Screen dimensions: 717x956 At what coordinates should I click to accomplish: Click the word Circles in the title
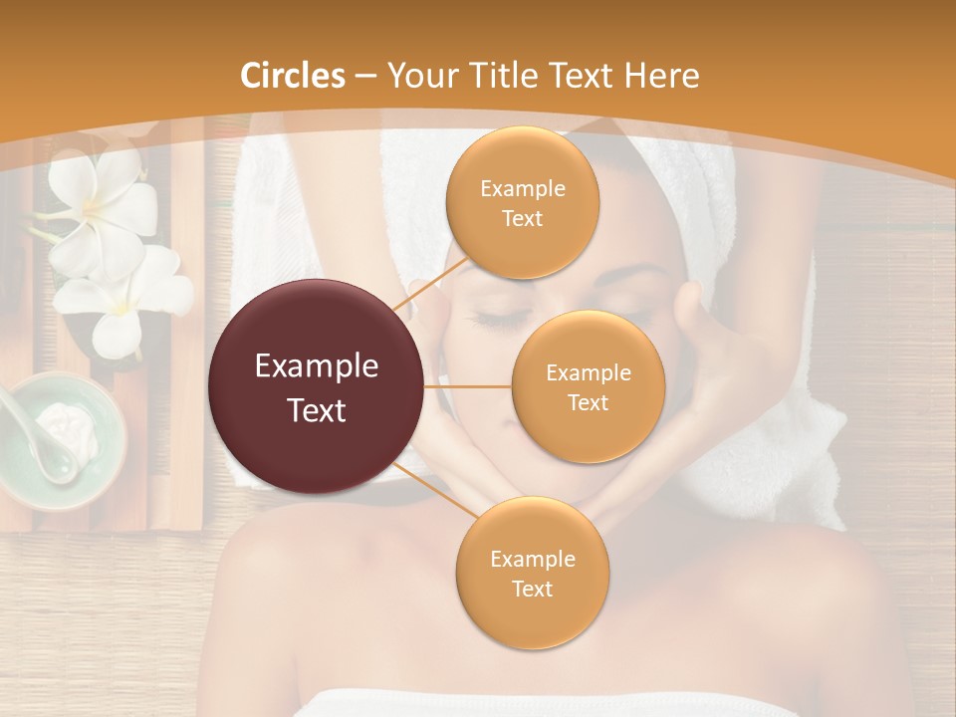[293, 76]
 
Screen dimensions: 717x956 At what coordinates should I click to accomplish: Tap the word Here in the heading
[661, 76]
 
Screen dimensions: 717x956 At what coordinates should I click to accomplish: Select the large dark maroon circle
[317, 386]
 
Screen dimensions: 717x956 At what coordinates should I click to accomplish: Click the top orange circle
[522, 202]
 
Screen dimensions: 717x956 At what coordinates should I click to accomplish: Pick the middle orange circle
[588, 386]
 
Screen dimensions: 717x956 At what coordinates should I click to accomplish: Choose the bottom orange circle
[532, 573]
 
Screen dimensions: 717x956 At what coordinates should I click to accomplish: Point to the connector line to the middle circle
[468, 386]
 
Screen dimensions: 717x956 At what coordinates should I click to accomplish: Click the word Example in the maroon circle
[317, 366]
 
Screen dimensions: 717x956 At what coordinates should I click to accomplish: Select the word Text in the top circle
[522, 218]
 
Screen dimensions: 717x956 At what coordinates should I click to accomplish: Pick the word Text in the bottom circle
[532, 589]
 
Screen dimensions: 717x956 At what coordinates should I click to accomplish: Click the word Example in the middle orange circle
[588, 372]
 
